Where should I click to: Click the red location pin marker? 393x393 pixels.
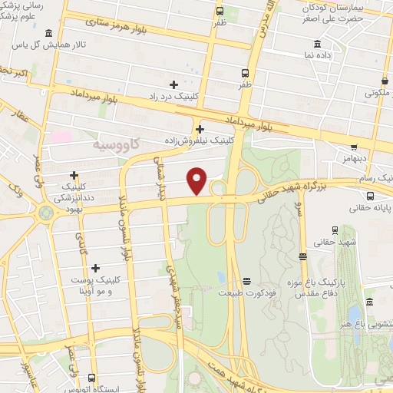[x=198, y=180]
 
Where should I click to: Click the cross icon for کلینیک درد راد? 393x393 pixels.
[x=173, y=84]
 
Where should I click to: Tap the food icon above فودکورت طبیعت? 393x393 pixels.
[x=246, y=281]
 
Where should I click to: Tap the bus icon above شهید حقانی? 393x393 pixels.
[x=335, y=230]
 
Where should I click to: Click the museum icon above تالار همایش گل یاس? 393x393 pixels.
[x=49, y=33]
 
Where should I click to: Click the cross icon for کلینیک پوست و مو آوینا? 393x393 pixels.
[x=96, y=268]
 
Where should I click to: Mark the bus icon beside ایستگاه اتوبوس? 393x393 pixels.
[x=91, y=378]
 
